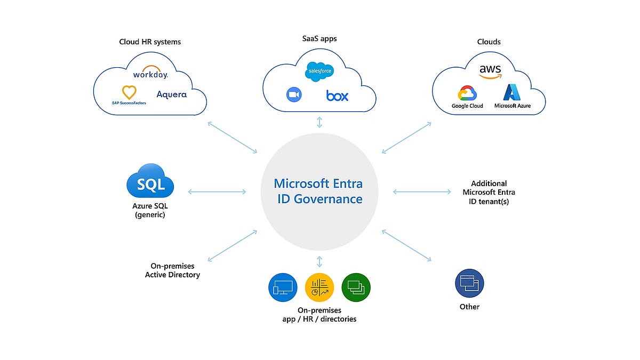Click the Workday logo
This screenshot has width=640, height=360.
(150, 73)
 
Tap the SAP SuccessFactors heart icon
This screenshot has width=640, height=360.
(129, 91)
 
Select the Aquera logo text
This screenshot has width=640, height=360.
(172, 94)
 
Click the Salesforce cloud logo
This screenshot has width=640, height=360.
(319, 72)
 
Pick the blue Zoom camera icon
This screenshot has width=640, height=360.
(294, 95)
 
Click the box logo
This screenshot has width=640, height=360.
(337, 96)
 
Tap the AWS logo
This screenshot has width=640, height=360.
(490, 72)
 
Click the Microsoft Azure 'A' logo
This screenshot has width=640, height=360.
(512, 93)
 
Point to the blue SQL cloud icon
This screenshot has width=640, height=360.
(150, 185)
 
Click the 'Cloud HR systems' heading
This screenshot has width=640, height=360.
(150, 42)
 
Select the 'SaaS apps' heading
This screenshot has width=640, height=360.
(319, 38)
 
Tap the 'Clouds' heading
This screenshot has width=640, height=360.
(489, 42)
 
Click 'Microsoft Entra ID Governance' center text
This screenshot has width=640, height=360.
(318, 191)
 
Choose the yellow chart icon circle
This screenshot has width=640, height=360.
(319, 288)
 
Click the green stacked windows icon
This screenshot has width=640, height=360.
(356, 288)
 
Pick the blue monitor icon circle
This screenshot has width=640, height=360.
(282, 288)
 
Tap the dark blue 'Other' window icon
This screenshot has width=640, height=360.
(469, 283)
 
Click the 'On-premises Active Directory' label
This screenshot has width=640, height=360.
(172, 270)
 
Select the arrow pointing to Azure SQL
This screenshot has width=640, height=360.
(217, 191)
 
